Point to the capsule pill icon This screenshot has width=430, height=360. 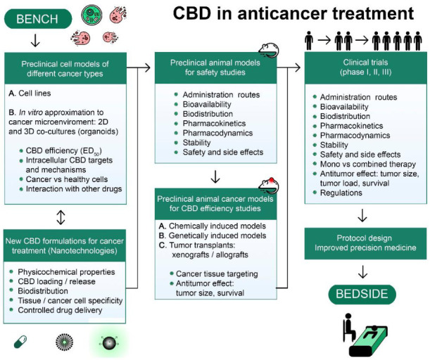[x=21, y=342]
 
